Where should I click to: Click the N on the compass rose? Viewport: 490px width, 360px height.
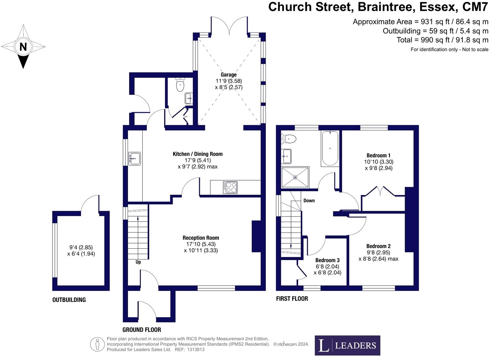pyautogui.click(x=23, y=47)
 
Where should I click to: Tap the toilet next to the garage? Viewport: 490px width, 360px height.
pyautogui.click(x=180, y=85)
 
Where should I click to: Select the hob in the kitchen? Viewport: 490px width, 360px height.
pyautogui.click(x=230, y=187)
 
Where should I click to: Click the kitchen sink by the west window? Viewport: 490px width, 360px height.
pyautogui.click(x=134, y=158)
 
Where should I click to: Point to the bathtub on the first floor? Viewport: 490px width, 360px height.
pyautogui.click(x=330, y=148)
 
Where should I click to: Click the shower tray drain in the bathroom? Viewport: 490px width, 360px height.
pyautogui.click(x=295, y=177)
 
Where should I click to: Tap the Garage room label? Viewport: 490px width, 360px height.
pyautogui.click(x=228, y=75)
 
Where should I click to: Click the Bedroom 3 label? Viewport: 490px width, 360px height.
pyautogui.click(x=327, y=260)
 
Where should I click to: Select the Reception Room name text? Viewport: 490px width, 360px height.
pyautogui.click(x=201, y=238)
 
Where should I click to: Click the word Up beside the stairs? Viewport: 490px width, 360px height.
pyautogui.click(x=138, y=262)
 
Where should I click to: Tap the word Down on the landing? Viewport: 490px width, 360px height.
pyautogui.click(x=309, y=200)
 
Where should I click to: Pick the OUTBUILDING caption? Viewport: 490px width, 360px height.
pyautogui.click(x=69, y=300)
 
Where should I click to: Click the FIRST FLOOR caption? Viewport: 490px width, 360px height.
pyautogui.click(x=292, y=299)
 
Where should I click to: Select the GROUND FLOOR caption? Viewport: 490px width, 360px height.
pyautogui.click(x=142, y=329)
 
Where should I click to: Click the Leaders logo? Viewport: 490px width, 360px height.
pyautogui.click(x=347, y=345)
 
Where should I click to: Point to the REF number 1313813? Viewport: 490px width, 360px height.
pyautogui.click(x=196, y=349)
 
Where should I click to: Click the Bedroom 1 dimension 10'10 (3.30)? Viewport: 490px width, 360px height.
pyautogui.click(x=378, y=162)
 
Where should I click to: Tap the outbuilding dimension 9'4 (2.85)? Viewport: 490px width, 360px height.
pyautogui.click(x=81, y=247)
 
